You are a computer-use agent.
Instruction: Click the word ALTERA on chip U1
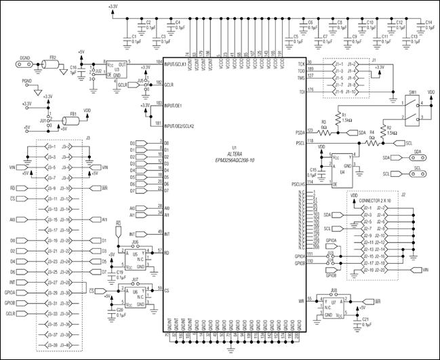tap(235, 155)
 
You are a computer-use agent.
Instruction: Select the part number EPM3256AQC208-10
tap(235, 160)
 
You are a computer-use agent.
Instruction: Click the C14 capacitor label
tap(428, 23)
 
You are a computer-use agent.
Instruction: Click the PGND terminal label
tap(26, 81)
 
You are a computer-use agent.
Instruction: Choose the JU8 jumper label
tap(334, 290)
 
